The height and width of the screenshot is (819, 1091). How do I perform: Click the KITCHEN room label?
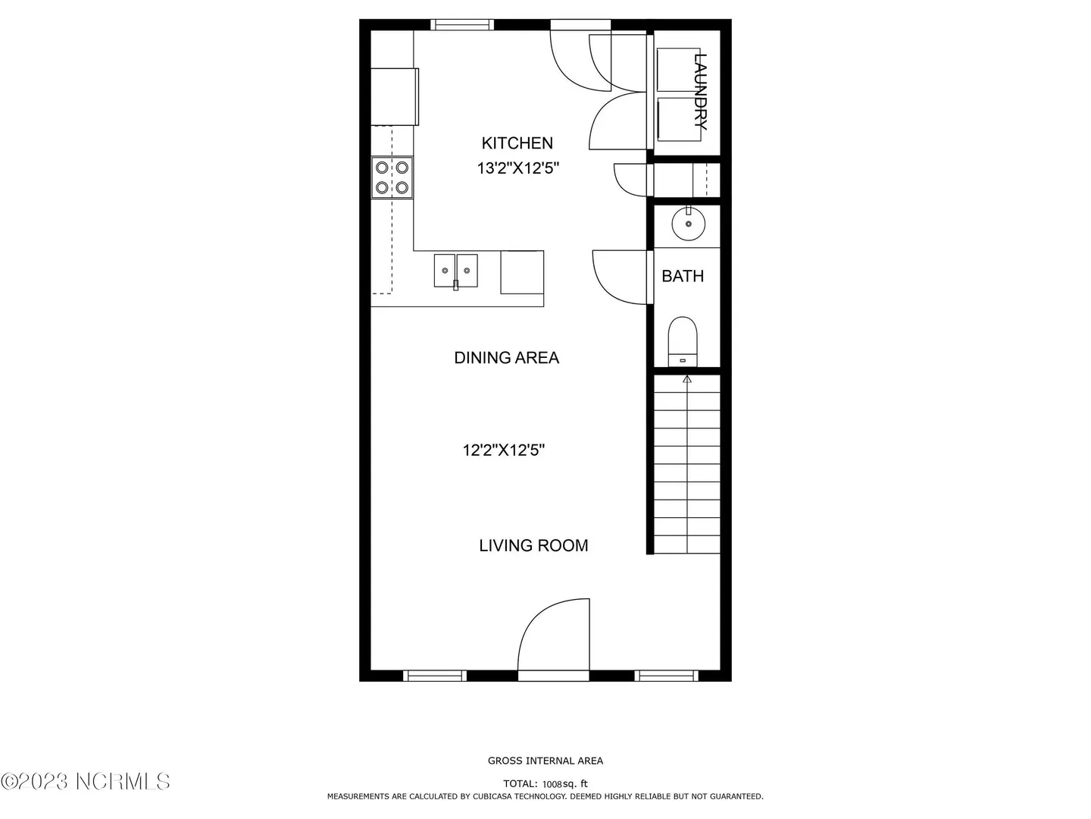[x=517, y=143]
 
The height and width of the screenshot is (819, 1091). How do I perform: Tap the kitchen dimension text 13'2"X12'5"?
[x=518, y=168]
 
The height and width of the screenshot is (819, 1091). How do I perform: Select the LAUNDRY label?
[x=700, y=92]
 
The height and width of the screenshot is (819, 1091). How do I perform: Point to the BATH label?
[x=683, y=276]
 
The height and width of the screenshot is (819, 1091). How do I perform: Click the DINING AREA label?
[x=507, y=357]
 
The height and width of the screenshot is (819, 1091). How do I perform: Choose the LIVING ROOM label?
[x=533, y=545]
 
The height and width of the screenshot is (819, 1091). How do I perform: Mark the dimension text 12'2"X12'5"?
[x=504, y=450]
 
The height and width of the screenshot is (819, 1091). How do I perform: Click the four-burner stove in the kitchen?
[x=392, y=177]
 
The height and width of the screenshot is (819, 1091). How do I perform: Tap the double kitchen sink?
[x=456, y=271]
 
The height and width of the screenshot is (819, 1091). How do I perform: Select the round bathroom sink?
[x=689, y=224]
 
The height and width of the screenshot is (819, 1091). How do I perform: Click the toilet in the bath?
[x=683, y=341]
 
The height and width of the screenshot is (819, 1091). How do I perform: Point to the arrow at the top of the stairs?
[x=687, y=380]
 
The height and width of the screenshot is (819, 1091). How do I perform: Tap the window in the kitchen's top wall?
[x=461, y=25]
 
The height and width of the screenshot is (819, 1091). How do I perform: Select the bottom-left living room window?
[x=434, y=675]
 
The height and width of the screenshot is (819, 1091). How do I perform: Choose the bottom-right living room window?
[x=666, y=675]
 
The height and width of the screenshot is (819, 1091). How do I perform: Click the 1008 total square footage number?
[x=552, y=784]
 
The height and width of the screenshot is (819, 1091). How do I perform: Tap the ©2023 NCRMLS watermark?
[x=85, y=781]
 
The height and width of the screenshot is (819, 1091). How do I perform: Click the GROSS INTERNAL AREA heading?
[x=545, y=761]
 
